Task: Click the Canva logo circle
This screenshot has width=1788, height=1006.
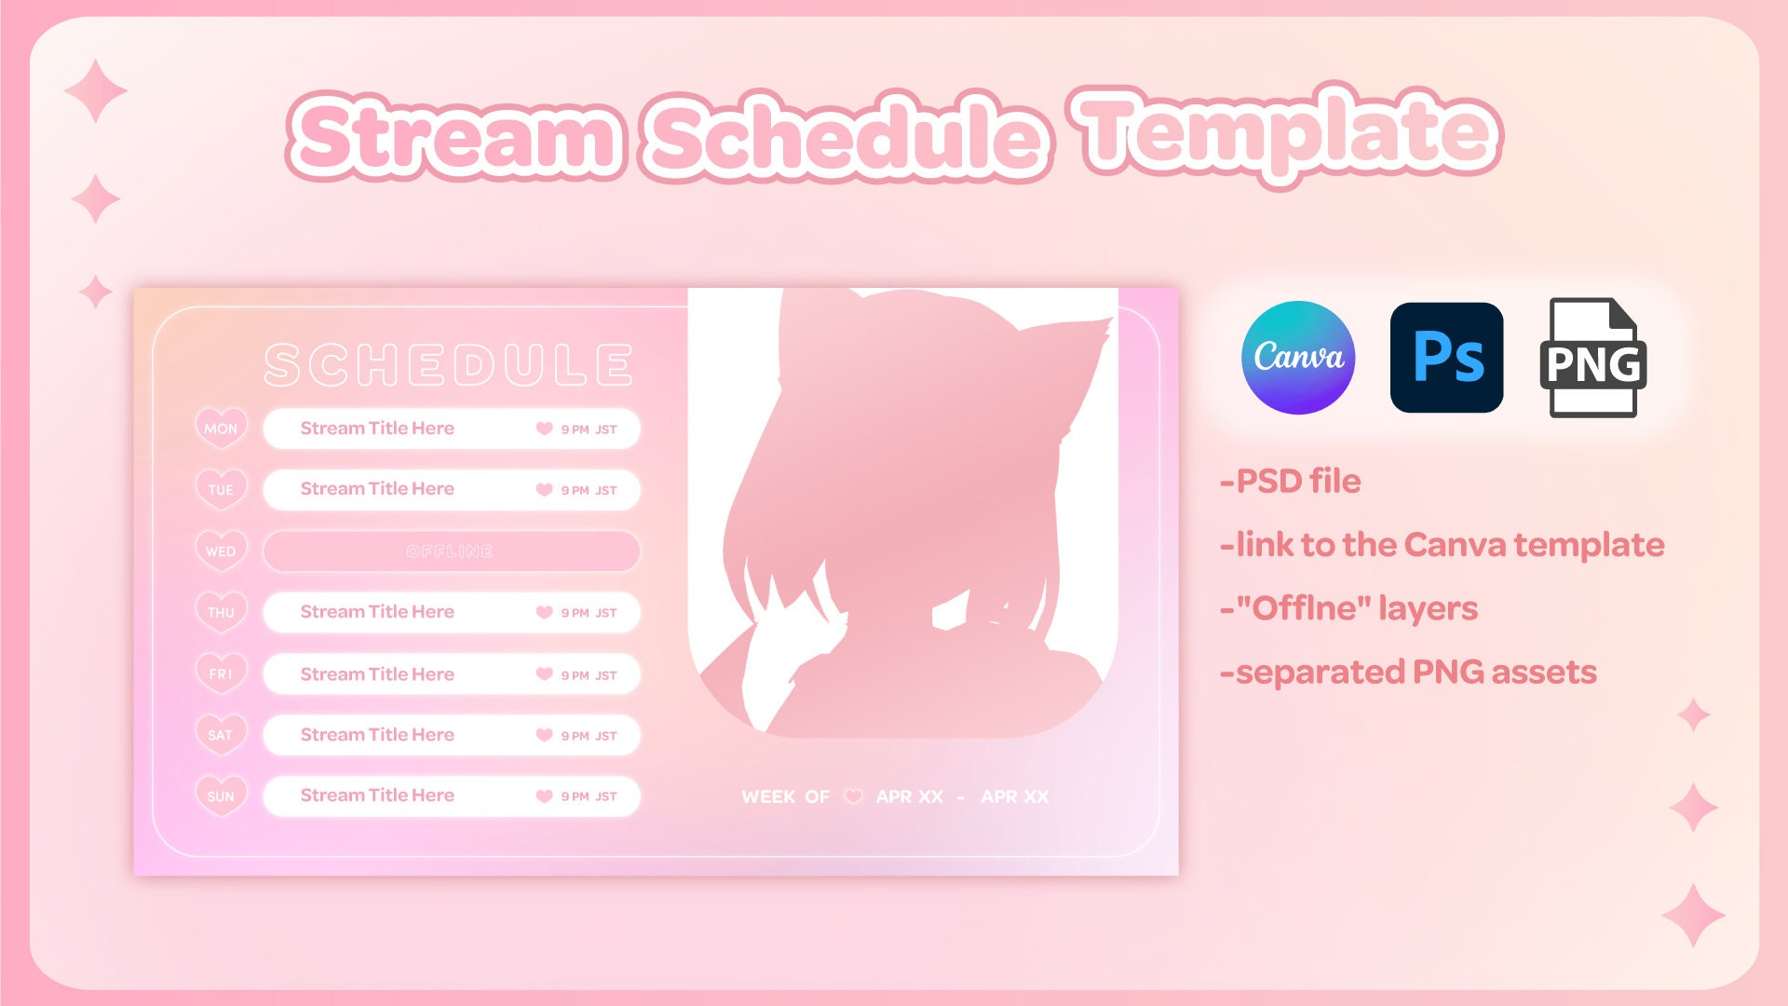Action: [1297, 357]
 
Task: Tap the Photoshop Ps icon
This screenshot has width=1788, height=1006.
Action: [1446, 357]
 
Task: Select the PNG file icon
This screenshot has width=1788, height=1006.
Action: [1592, 358]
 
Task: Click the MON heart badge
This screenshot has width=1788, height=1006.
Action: [221, 428]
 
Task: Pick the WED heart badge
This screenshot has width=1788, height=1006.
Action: [221, 551]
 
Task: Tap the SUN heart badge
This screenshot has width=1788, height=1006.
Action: [221, 796]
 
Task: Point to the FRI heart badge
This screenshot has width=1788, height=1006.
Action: [221, 673]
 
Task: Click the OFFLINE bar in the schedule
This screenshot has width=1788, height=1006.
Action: [451, 551]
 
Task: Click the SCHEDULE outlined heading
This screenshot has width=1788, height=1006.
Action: [449, 364]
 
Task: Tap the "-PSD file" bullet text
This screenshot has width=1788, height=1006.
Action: [1291, 482]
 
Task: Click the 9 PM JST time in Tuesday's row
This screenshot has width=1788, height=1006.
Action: [589, 491]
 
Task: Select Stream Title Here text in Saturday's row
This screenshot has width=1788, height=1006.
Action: [377, 735]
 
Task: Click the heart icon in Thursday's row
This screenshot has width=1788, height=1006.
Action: [545, 612]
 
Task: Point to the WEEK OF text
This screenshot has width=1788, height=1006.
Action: [785, 797]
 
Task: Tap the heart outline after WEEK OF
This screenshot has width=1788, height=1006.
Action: [853, 797]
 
